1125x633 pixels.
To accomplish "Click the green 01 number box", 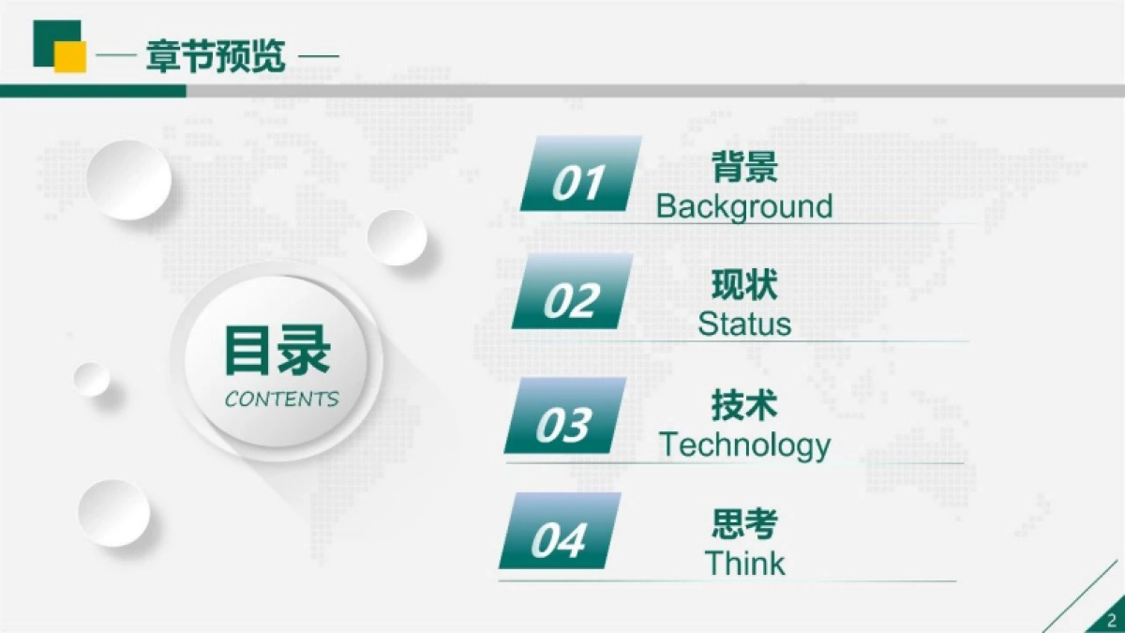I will [x=579, y=174].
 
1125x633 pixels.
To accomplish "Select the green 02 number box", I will [x=571, y=293].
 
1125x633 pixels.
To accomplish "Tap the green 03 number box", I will [x=564, y=417].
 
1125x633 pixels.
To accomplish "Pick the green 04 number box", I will [x=559, y=533].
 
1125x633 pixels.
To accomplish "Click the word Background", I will [x=744, y=206].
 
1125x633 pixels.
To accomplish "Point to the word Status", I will [x=744, y=324].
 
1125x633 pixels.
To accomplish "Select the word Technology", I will [x=744, y=445].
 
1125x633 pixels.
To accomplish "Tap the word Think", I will [x=744, y=564].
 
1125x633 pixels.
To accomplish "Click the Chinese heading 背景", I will [x=744, y=170].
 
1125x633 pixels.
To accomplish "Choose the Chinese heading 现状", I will [x=744, y=285].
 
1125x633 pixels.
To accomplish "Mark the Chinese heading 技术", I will [x=744, y=406].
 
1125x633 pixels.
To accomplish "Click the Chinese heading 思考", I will [x=744, y=524].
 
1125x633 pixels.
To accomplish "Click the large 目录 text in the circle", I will [x=277, y=350].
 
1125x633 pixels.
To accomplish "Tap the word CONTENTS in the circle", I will [x=281, y=399].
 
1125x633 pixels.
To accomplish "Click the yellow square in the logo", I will [x=70, y=57].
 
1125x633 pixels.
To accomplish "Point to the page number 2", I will [x=1112, y=620].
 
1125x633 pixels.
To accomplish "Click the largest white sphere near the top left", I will [x=129, y=179].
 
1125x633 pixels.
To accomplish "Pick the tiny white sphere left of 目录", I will [x=92, y=379].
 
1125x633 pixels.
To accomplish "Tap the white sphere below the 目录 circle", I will [x=113, y=512].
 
